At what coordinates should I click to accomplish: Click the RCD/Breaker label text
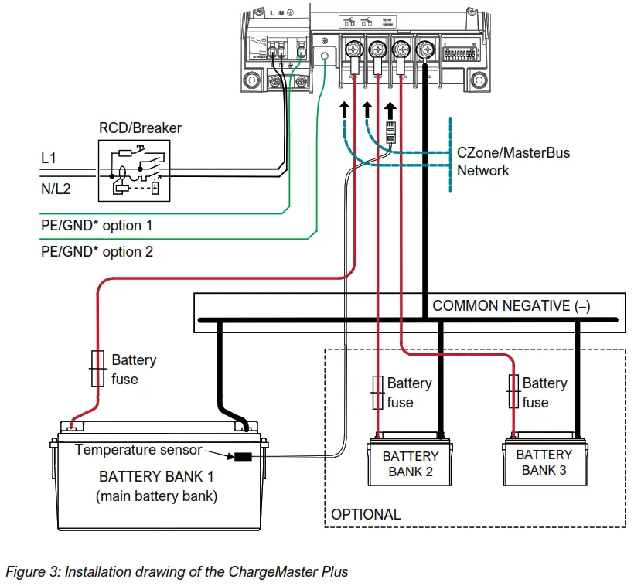(139, 128)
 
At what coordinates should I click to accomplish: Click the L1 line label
(49, 158)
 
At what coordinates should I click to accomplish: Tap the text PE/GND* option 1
(96, 226)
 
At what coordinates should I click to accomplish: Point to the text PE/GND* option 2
(96, 251)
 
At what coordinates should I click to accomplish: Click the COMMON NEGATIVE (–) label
(511, 305)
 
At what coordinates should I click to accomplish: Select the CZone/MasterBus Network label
(513, 162)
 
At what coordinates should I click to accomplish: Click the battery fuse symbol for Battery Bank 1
(97, 368)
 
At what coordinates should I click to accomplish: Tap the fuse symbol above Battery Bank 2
(377, 392)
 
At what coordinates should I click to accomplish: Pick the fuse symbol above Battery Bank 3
(513, 392)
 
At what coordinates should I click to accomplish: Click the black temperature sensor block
(244, 456)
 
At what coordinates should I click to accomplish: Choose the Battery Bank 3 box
(544, 462)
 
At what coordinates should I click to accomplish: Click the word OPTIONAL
(366, 514)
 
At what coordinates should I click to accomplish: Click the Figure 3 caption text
(177, 572)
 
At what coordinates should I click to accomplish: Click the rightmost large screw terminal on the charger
(424, 51)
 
